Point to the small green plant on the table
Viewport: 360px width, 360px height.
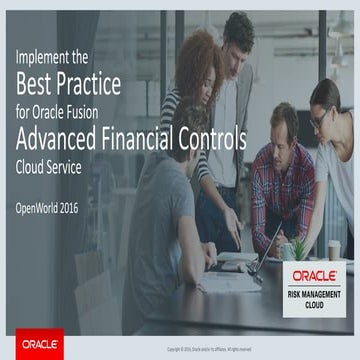click(297, 243)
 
